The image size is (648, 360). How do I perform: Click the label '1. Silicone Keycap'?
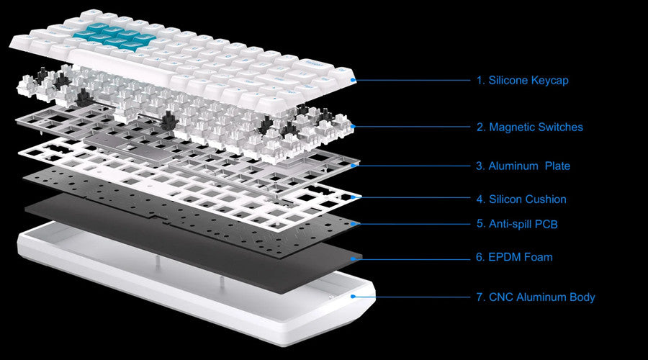pos(522,80)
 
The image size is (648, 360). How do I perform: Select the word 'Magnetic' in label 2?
pos(513,127)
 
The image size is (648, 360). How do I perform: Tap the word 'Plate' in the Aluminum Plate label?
pos(557,166)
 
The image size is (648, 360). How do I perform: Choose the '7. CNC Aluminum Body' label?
pos(535,297)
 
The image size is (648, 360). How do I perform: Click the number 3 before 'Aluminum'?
pos(480,166)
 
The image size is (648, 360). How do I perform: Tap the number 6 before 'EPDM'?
pos(480,256)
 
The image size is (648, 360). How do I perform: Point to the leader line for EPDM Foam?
pos(414,256)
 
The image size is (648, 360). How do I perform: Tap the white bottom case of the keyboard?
pos(180,302)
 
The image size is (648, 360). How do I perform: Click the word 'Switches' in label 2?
pos(561,127)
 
